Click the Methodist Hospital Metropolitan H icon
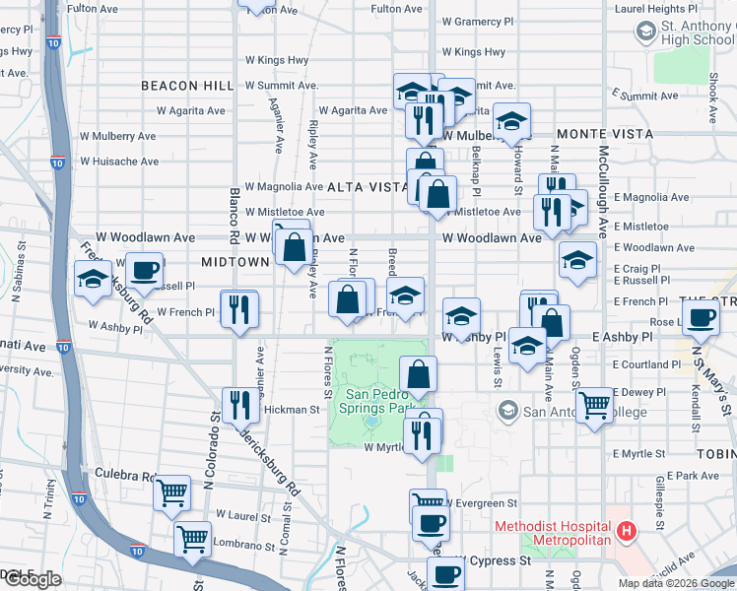(x=625, y=533)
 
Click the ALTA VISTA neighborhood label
(x=367, y=186)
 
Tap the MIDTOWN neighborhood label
(x=234, y=262)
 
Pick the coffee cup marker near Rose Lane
(x=702, y=317)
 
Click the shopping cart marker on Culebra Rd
(x=172, y=490)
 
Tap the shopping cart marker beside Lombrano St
(x=192, y=538)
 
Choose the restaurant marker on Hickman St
(x=239, y=403)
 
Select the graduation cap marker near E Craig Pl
(x=577, y=260)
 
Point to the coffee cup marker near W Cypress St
(x=444, y=572)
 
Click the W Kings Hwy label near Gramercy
(x=474, y=52)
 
